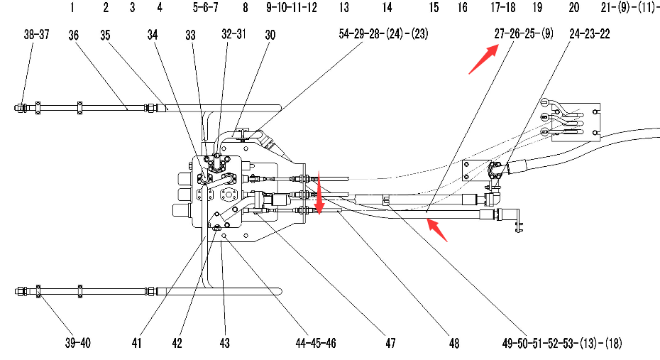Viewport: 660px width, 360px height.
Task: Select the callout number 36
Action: click(74, 35)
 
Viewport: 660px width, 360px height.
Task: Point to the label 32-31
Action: click(233, 35)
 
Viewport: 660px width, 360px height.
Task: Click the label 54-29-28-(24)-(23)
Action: click(384, 35)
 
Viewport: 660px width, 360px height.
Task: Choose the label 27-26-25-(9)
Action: click(524, 34)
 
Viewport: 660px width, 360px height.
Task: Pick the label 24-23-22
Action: click(589, 34)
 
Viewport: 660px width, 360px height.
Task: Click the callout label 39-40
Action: click(77, 344)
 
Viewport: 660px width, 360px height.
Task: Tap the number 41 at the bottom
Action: click(137, 344)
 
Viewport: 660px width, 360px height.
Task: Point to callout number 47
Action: click(390, 344)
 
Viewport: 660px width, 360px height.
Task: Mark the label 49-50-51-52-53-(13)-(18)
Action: click(562, 344)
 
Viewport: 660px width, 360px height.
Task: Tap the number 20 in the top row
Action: click(574, 9)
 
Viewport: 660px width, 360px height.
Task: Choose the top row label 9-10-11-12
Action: click(292, 9)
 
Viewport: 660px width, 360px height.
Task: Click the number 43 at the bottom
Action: click(225, 344)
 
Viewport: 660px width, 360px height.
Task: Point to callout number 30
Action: click(270, 35)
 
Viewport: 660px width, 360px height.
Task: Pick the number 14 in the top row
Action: click(387, 9)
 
